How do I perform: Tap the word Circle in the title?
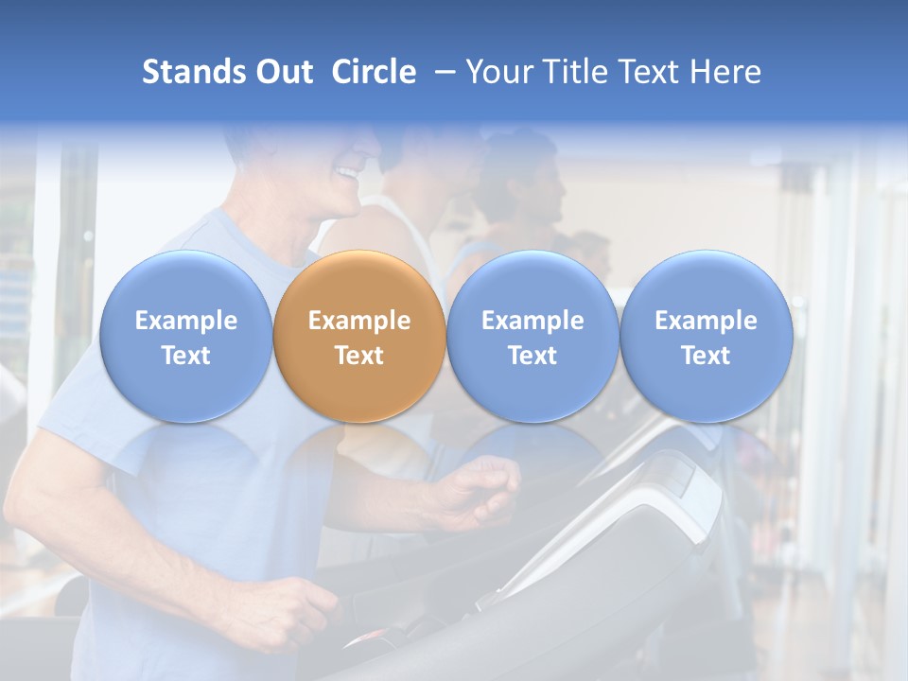pos(374,72)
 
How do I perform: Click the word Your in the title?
pos(498,72)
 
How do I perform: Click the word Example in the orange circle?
pos(359,321)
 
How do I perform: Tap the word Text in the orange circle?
pos(359,356)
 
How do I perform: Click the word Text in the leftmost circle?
pos(185,356)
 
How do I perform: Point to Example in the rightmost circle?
pos(706,321)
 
